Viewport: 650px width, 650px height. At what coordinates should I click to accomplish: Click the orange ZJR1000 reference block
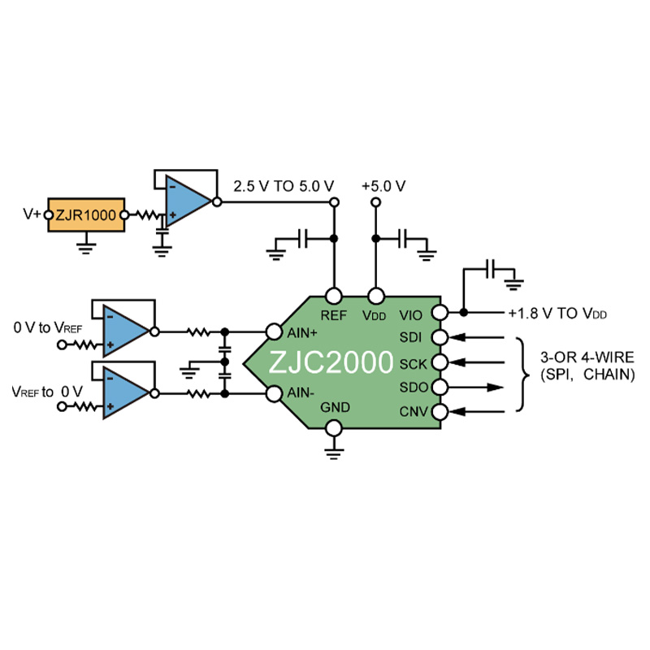click(x=86, y=214)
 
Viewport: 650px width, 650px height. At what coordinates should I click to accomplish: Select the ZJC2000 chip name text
click(x=331, y=362)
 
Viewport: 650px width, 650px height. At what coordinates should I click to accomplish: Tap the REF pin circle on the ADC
click(x=334, y=296)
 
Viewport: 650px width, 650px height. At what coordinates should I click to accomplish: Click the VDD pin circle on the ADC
click(x=376, y=296)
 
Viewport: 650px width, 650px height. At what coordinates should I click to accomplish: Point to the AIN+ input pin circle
click(x=274, y=331)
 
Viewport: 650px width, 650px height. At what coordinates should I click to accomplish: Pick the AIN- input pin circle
click(x=274, y=394)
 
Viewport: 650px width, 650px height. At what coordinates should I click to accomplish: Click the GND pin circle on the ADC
click(x=334, y=428)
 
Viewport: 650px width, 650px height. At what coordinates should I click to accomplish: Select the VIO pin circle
click(x=440, y=313)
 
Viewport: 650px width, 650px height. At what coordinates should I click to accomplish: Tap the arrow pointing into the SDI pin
click(x=477, y=337)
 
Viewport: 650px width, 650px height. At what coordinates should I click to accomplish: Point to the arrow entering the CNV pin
click(x=477, y=412)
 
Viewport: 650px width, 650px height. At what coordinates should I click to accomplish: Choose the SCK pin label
click(x=413, y=364)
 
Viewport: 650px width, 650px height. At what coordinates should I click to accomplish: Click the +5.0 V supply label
click(x=383, y=186)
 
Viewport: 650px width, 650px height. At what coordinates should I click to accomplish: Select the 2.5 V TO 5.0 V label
click(x=284, y=186)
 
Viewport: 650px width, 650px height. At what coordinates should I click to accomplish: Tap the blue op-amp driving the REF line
click(x=188, y=201)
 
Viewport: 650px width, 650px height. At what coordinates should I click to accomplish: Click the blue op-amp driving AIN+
click(x=126, y=331)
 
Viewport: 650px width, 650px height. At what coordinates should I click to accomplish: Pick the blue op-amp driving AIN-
click(x=126, y=392)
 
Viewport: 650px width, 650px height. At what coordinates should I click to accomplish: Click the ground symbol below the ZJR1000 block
click(x=86, y=248)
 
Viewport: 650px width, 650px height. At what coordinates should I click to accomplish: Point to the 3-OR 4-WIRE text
click(x=587, y=357)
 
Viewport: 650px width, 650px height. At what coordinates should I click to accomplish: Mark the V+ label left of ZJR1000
click(x=32, y=214)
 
